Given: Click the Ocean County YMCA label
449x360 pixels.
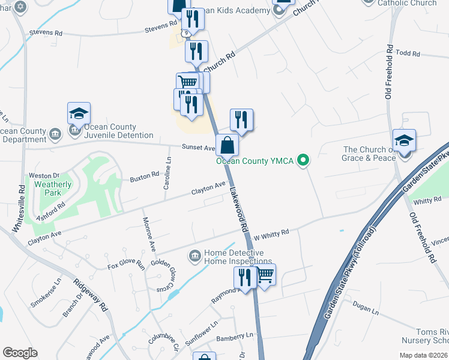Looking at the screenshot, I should [x=257, y=160].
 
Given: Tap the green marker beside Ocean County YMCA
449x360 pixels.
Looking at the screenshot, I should [x=303, y=160].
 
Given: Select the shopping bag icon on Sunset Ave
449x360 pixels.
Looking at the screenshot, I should [x=228, y=145].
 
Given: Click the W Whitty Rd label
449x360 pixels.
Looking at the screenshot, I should [x=271, y=233].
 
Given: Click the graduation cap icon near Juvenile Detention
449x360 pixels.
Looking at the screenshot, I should [x=79, y=113].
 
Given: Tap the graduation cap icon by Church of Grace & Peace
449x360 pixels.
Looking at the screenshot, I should [x=405, y=140].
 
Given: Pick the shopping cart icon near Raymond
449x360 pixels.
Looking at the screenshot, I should [x=265, y=275].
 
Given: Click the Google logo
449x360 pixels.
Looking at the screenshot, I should [x=20, y=353].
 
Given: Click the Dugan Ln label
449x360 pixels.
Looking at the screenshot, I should [x=366, y=311].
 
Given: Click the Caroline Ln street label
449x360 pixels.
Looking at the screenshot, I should [x=168, y=175].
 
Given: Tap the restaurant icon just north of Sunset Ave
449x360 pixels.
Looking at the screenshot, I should [x=241, y=119].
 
